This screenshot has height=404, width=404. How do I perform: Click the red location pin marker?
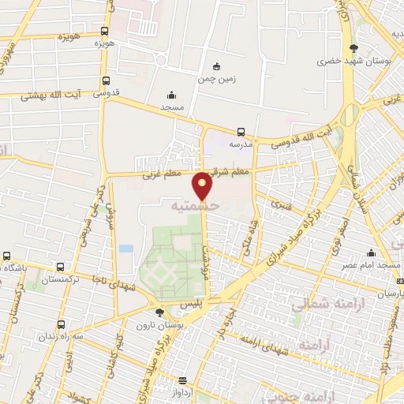point(203,185)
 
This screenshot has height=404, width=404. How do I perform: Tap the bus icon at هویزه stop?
point(105,32)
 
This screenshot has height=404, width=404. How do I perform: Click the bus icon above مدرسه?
point(240,132)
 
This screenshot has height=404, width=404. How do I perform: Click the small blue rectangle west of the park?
point(126,248)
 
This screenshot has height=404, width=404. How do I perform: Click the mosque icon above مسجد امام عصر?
point(370,253)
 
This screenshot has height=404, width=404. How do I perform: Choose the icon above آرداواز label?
point(182,380)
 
